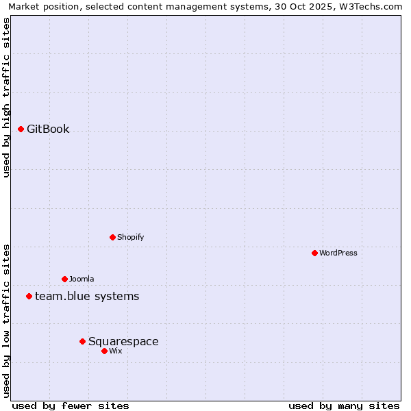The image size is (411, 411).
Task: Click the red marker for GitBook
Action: tap(21, 129)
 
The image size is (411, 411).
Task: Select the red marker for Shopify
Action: tap(112, 237)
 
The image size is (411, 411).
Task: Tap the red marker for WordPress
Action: tap(314, 253)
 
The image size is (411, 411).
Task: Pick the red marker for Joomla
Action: tap(64, 279)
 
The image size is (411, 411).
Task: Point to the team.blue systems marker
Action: tap(29, 296)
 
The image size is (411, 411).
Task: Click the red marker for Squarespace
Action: tap(82, 341)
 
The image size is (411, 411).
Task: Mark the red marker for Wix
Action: tap(104, 351)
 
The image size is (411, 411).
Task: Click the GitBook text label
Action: tap(48, 129)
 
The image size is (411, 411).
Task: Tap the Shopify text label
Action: tap(130, 237)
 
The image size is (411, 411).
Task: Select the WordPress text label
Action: tap(338, 253)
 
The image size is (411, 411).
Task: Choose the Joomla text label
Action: tap(82, 279)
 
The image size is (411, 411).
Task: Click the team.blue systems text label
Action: tap(87, 296)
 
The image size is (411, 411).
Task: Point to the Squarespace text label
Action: tap(123, 341)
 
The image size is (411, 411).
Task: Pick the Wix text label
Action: tap(116, 351)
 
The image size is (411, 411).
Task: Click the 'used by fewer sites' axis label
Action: tap(71, 406)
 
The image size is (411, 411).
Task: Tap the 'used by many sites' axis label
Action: tap(344, 406)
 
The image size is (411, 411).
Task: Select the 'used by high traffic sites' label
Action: tap(7, 97)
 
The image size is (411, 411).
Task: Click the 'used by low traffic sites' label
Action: tap(7, 320)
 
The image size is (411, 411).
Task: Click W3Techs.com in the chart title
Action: tap(369, 6)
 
